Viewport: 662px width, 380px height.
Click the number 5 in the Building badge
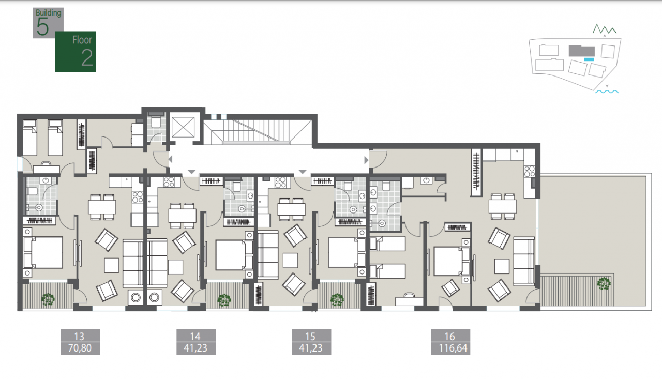[42, 27]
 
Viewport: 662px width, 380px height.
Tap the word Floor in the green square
[82, 40]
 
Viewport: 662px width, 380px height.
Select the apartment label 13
[79, 336]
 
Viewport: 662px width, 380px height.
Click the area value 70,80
[80, 348]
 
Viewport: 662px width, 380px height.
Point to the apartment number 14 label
[195, 336]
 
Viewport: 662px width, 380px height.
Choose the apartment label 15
[310, 336]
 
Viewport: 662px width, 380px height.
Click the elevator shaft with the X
[183, 127]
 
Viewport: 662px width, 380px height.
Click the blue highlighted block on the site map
[589, 59]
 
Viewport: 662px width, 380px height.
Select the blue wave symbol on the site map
[607, 92]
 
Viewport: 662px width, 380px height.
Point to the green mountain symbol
[605, 29]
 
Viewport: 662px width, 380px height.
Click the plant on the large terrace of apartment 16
[604, 284]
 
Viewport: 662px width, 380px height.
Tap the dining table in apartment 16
[502, 206]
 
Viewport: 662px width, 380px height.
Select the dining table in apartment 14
[183, 216]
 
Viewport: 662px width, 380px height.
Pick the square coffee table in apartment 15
[290, 261]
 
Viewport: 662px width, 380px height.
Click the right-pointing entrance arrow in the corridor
[366, 160]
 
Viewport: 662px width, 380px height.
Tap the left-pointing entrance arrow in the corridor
[170, 160]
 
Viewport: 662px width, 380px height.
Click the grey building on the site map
[582, 51]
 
